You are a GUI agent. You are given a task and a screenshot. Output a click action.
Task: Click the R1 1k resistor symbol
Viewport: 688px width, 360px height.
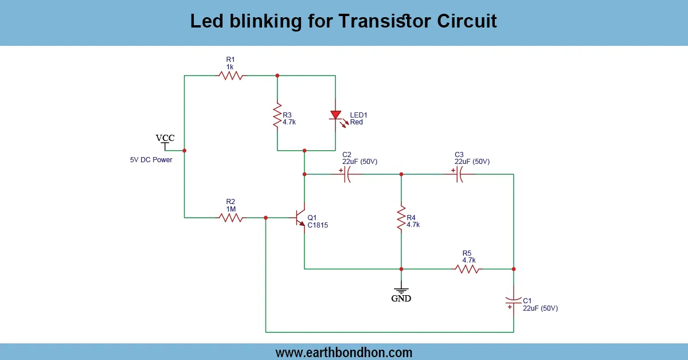[230, 75]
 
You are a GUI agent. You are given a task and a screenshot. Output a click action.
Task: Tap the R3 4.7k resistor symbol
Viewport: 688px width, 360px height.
[277, 116]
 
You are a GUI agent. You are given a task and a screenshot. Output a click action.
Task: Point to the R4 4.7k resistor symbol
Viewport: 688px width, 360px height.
[401, 219]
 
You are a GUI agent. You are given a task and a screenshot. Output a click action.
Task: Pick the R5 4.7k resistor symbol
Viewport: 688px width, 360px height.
[467, 268]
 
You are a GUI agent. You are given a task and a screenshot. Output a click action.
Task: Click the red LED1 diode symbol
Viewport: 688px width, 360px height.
[335, 116]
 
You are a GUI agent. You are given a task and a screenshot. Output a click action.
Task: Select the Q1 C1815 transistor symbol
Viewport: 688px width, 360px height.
[300, 218]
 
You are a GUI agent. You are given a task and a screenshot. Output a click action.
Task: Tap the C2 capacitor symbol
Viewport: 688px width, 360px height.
[347, 174]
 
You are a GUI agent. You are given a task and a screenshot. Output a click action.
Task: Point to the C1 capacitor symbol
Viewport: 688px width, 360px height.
[513, 300]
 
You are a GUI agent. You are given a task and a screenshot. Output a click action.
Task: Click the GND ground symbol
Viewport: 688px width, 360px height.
[401, 291]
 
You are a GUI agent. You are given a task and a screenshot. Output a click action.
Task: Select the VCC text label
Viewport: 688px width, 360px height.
[165, 138]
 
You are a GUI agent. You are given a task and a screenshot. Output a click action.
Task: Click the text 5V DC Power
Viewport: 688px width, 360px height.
[151, 160]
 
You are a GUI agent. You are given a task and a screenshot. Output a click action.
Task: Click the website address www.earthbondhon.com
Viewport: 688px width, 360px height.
[344, 352]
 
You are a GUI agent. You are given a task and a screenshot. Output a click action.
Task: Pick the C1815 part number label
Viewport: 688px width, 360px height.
[318, 225]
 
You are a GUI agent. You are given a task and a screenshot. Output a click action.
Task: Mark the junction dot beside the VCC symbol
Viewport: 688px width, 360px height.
[184, 151]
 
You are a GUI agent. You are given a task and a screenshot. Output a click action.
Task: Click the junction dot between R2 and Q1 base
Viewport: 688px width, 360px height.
[265, 218]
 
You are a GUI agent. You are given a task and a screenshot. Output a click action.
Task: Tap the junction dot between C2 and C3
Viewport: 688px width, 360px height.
[401, 174]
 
